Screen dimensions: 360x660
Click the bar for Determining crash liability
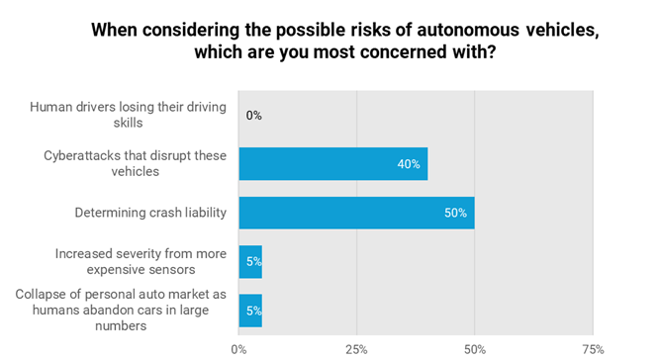click(356, 213)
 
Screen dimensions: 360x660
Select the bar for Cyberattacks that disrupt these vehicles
click(332, 164)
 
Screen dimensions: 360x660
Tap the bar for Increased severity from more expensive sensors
click(250, 262)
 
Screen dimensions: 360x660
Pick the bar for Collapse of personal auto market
click(250, 311)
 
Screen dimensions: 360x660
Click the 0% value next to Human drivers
click(253, 116)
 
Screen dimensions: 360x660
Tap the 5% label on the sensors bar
click(253, 262)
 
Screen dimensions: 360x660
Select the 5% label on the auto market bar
click(253, 311)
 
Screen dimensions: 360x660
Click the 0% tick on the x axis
click(238, 349)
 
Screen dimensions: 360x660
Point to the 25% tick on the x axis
click(356, 349)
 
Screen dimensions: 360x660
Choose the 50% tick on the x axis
click(474, 349)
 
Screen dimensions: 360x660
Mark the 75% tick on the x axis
click(592, 349)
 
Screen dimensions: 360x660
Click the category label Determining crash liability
click(150, 213)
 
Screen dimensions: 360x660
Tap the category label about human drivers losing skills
click(128, 116)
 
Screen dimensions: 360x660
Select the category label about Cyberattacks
click(134, 164)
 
